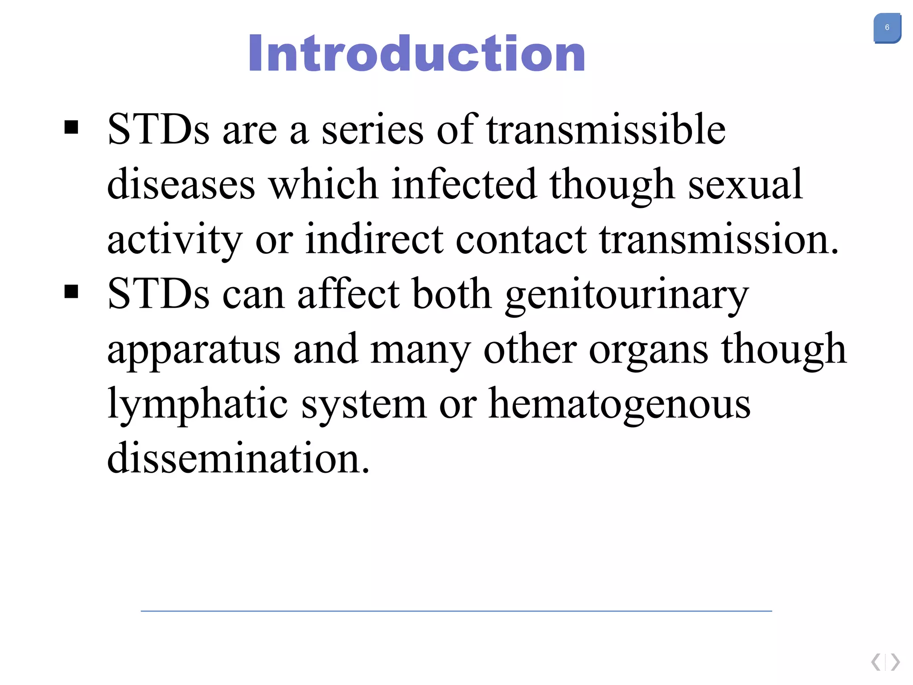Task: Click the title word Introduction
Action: click(416, 54)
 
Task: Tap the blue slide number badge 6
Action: click(887, 28)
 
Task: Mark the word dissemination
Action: click(238, 458)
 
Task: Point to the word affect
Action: click(349, 294)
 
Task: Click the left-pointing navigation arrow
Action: click(876, 662)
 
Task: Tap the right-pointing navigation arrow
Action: click(895, 662)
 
